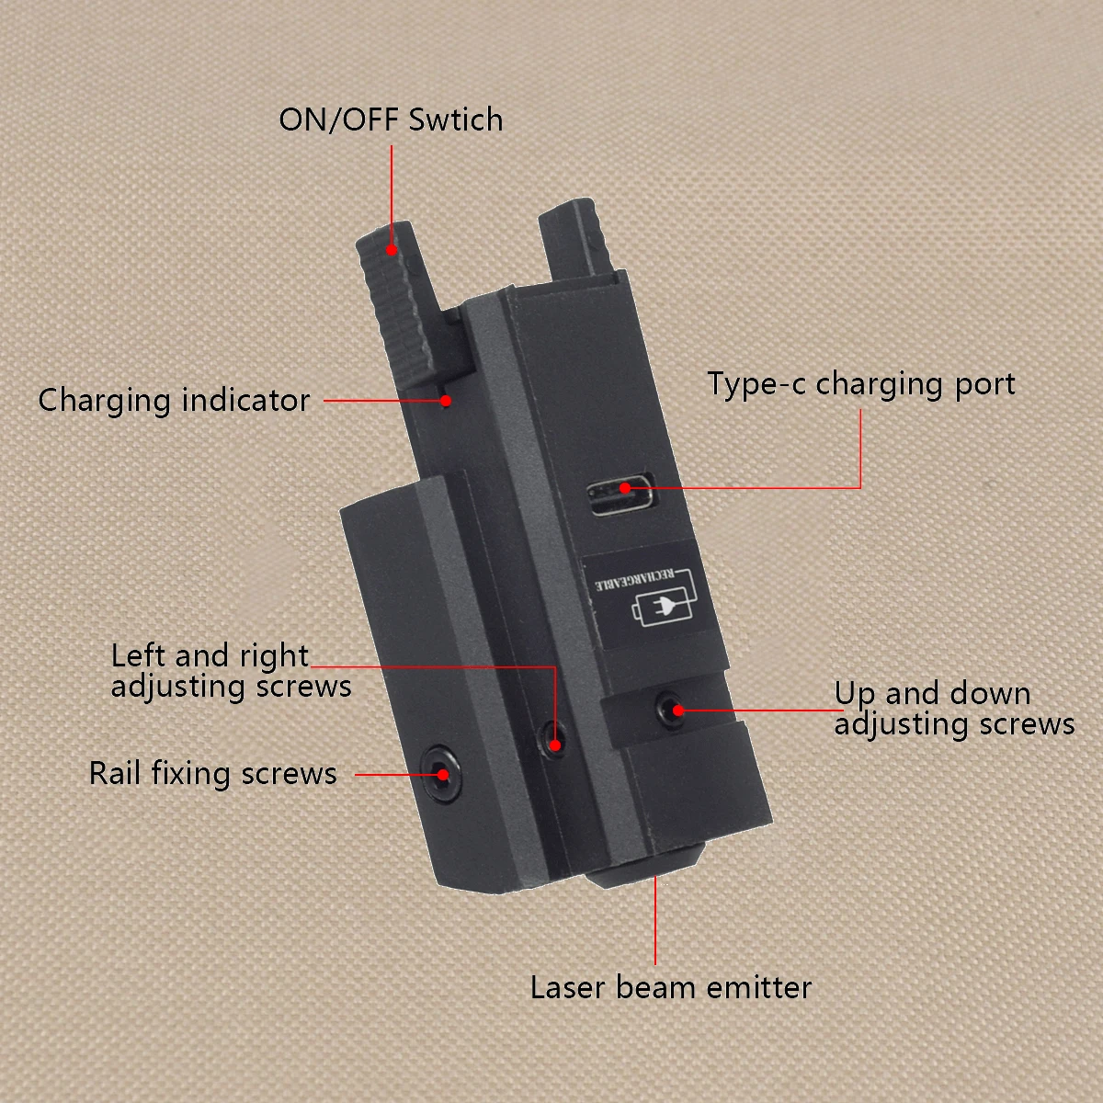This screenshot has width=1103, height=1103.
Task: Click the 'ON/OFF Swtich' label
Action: tap(391, 120)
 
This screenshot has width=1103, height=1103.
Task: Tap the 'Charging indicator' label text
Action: tap(174, 401)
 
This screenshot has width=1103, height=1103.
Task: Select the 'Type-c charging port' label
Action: tap(860, 384)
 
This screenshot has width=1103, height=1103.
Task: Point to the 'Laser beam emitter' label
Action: tap(670, 988)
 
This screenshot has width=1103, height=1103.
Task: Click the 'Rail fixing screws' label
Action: tap(212, 774)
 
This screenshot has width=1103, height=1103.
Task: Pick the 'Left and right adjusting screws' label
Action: tap(231, 671)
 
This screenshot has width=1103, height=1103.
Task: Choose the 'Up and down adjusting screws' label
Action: tap(953, 709)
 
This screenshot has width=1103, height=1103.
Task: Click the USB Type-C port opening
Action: tap(623, 496)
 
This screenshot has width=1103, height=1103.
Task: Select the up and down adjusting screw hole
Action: tap(668, 709)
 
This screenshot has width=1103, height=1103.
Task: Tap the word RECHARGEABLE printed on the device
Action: tap(634, 579)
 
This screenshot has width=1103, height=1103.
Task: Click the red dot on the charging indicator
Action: tap(446, 401)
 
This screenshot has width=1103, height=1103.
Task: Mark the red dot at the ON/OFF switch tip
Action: tap(392, 249)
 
